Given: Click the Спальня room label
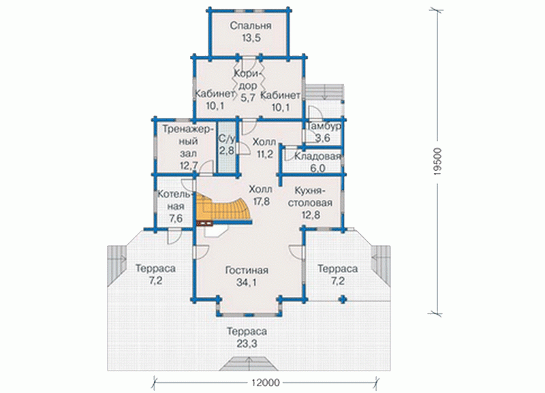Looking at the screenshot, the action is (251, 26).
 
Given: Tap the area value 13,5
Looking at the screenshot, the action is (251, 38).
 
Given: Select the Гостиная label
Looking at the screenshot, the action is (247, 270).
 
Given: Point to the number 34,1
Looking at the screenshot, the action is (247, 283).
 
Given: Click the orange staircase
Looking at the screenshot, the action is (223, 208).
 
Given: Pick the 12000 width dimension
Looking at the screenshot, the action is (265, 383).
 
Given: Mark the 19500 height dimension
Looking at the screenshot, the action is (437, 161).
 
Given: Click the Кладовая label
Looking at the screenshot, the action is (317, 157).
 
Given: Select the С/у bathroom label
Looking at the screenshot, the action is (227, 139).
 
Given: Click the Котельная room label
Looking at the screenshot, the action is (176, 200).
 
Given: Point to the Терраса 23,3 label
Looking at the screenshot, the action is (247, 337).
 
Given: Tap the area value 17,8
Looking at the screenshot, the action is (262, 202).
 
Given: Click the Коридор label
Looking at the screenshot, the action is (248, 80).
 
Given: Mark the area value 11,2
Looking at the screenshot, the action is (265, 154).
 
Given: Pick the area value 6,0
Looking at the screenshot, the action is (317, 168).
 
